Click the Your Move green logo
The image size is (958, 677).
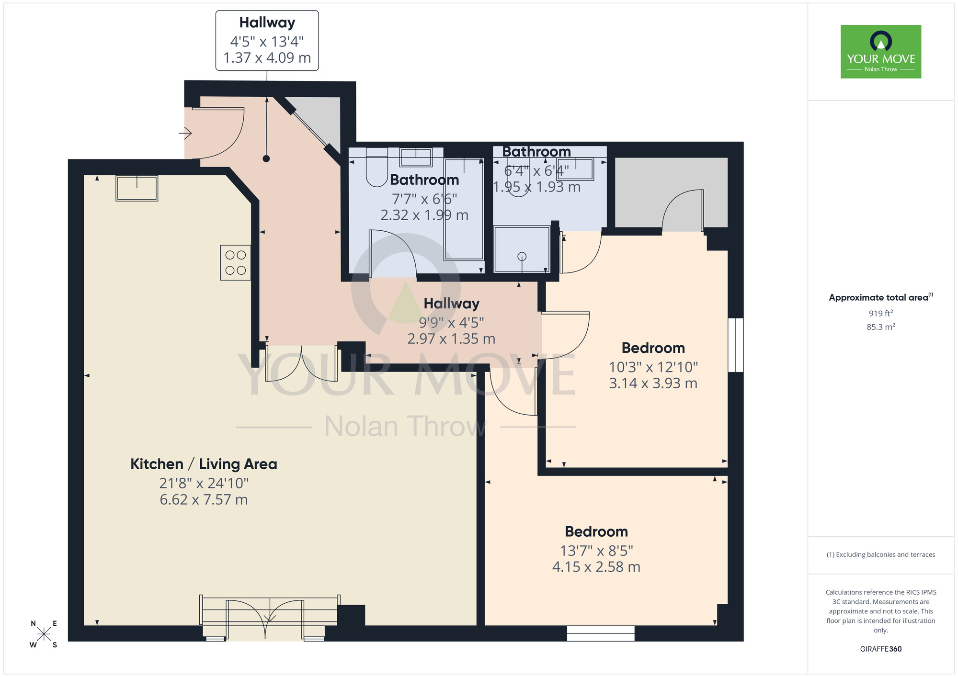880,52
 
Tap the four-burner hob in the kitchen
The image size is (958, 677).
235,262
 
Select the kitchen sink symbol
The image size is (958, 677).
137,188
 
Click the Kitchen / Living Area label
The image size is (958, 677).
204,464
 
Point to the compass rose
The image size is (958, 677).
44,634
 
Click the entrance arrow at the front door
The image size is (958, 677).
186,133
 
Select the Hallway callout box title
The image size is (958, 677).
267,23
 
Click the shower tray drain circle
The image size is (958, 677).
522,256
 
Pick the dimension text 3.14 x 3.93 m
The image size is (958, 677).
653,383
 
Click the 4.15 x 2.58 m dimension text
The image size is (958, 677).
596,567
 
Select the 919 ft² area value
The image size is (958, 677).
880,313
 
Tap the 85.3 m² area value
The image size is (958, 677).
880,327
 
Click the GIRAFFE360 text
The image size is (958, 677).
880,649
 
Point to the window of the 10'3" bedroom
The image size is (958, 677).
735,345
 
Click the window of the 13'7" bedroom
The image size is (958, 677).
600,633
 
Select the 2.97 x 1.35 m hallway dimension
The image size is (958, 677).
451,339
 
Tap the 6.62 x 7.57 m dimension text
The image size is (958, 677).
204,500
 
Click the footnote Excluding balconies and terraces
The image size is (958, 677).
880,554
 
